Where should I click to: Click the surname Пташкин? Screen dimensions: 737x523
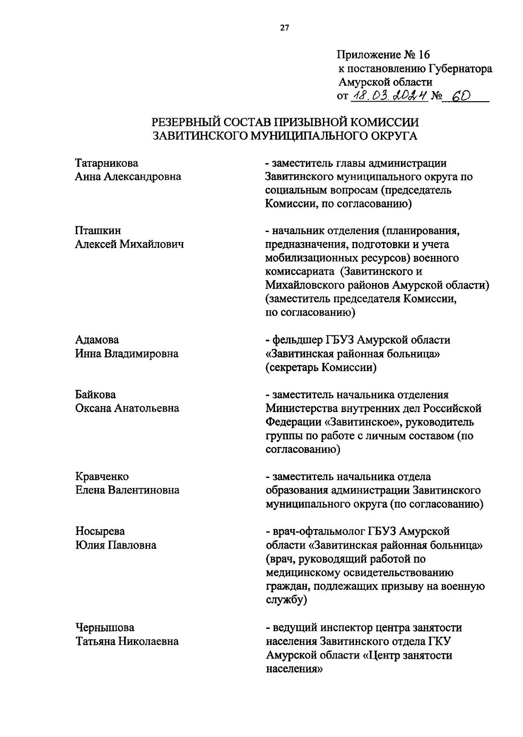98,230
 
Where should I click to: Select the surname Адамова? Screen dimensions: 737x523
97,340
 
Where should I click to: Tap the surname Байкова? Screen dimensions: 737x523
96,395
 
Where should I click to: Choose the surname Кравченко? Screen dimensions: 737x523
102,477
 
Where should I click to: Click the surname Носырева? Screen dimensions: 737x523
100,531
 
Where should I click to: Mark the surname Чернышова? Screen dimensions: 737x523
105,628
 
